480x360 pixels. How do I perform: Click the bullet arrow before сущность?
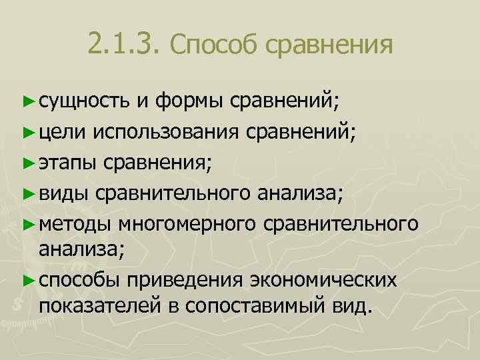(27, 101)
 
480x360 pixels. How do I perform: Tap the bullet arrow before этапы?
(27, 162)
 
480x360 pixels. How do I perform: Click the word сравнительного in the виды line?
(173, 193)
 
